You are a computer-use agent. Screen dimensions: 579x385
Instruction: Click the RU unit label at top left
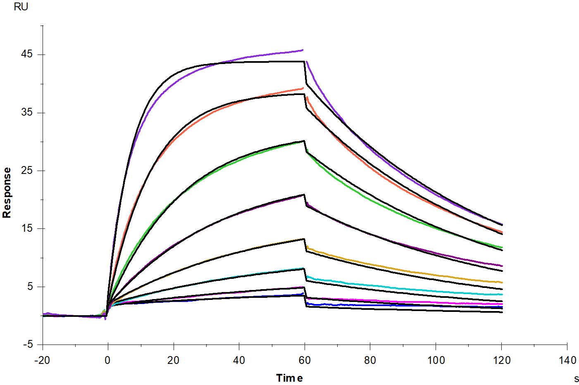coord(21,7)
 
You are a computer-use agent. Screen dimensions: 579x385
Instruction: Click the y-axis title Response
coord(7,193)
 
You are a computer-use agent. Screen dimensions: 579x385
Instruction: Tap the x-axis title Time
coord(289,378)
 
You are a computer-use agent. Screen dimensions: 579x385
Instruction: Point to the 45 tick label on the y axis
coord(27,54)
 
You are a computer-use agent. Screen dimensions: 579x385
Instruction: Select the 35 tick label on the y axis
coord(27,112)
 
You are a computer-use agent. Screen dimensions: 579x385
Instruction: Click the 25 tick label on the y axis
coord(27,170)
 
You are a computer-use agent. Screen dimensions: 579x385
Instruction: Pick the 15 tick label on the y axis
coord(27,228)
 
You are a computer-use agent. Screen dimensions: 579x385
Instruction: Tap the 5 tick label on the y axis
coord(30,286)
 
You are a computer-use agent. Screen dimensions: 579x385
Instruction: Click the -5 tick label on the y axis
coord(28,345)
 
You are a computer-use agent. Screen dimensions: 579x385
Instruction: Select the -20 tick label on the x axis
coord(42,360)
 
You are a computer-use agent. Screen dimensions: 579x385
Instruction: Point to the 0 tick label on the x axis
coord(107,360)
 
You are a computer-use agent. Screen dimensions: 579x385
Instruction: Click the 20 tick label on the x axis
coord(173,360)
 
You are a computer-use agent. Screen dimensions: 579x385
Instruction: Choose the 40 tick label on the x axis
coord(239,360)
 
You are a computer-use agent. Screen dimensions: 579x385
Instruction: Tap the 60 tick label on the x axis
coord(305,360)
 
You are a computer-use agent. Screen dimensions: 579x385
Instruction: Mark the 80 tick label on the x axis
coord(370,360)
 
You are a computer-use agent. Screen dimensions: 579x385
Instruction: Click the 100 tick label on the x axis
coord(436,360)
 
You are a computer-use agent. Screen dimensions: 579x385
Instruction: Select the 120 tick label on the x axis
coord(502,360)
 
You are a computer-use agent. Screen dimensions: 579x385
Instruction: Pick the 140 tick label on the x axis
coord(567,360)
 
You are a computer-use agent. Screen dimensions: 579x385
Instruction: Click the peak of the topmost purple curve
coord(303,50)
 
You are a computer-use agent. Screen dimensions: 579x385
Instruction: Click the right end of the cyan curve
coord(502,295)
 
